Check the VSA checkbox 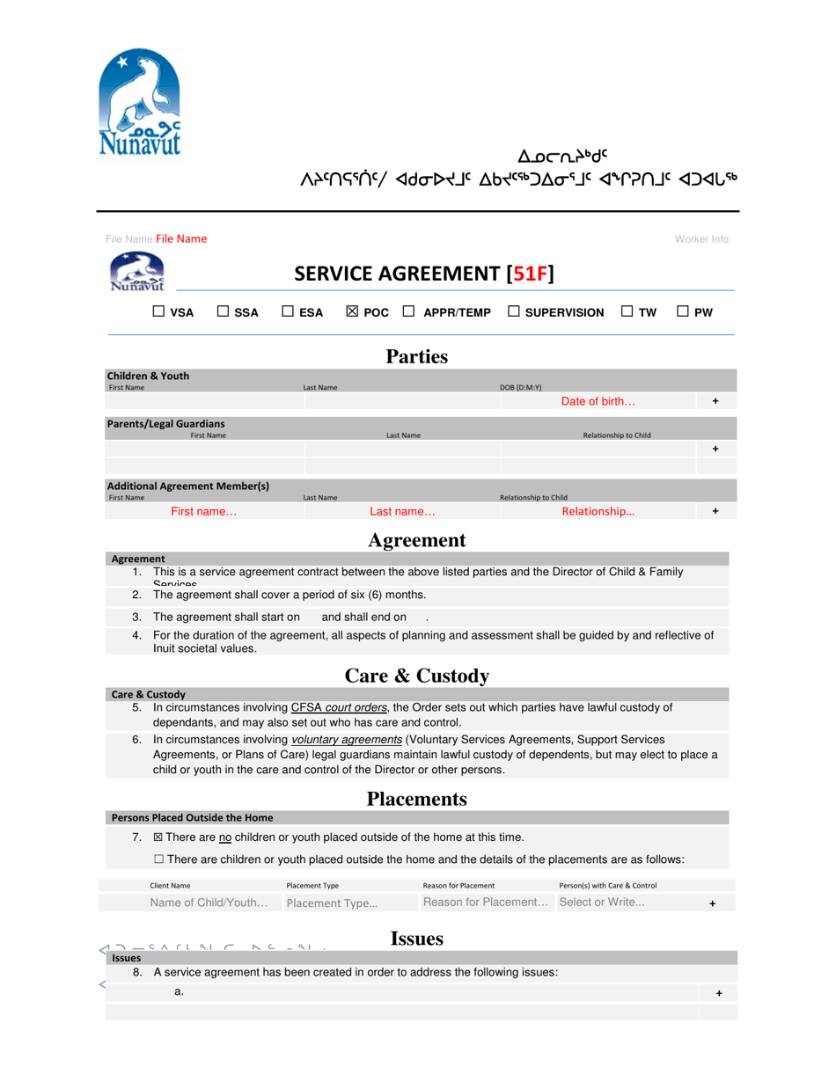[x=159, y=311]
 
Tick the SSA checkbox [x=224, y=311]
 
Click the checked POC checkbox [x=352, y=311]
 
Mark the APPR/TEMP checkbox [x=409, y=311]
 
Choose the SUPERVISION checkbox [x=514, y=311]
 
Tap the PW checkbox [x=683, y=311]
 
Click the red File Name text [x=181, y=239]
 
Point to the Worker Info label [x=701, y=239]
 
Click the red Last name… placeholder [x=402, y=511]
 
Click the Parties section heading [x=417, y=356]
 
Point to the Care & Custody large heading [x=417, y=676]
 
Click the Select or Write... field [x=602, y=903]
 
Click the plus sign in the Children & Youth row [x=715, y=401]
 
